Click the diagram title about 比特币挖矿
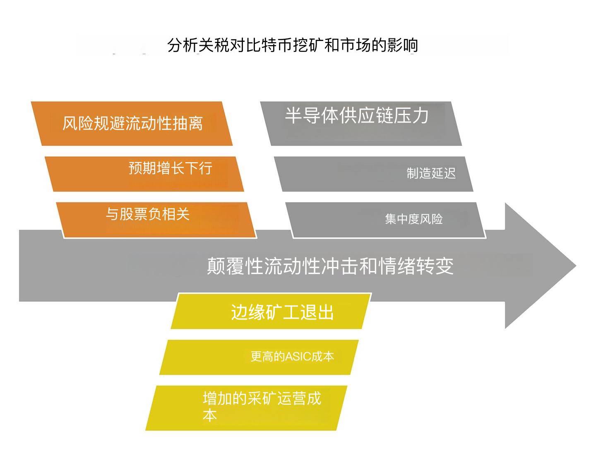(x=293, y=45)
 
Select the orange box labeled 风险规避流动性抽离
(x=132, y=123)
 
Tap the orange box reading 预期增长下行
(x=144, y=174)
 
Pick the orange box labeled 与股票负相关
(x=156, y=220)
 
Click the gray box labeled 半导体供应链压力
(x=361, y=123)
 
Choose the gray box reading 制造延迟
(x=374, y=174)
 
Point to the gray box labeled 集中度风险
(x=386, y=220)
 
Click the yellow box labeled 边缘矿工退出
(x=271, y=311)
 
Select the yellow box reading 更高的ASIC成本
(x=259, y=357)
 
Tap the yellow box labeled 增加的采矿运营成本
(x=246, y=408)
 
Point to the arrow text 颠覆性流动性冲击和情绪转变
(x=330, y=266)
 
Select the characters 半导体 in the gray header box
(x=312, y=115)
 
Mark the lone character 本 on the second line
(x=210, y=415)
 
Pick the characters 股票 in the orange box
(x=134, y=214)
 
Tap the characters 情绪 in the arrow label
(x=397, y=266)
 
